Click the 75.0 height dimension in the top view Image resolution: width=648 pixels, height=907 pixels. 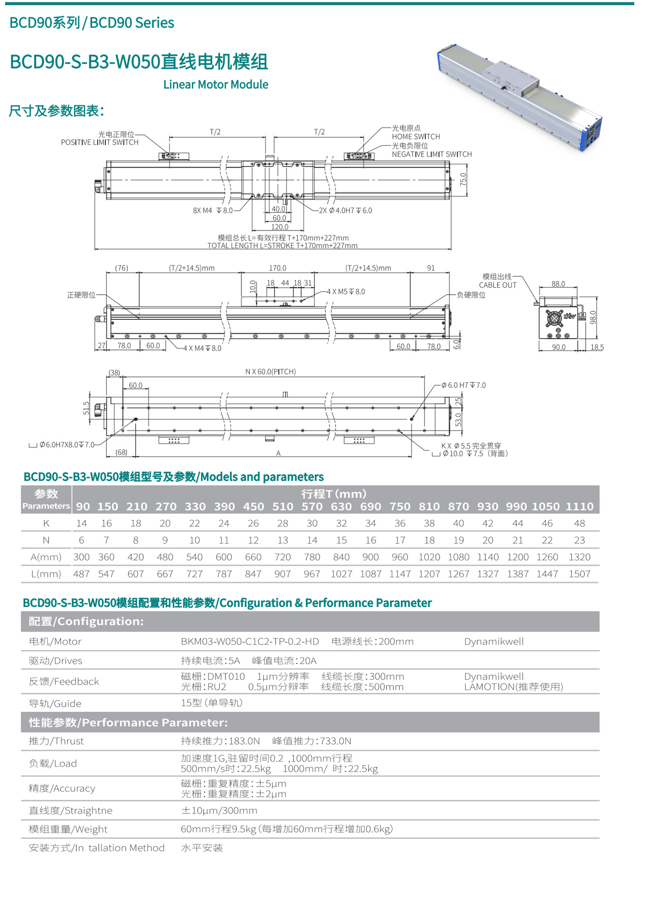coord(463,179)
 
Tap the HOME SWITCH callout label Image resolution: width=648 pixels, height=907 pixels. coord(415,137)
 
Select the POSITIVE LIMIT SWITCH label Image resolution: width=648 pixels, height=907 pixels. coord(100,142)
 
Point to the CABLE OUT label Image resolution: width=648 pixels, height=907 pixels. coord(498,285)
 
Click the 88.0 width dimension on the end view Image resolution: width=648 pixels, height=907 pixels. coord(558,284)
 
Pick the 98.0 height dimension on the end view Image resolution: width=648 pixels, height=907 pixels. coord(593,317)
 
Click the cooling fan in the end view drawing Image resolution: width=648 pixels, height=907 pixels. coord(554,318)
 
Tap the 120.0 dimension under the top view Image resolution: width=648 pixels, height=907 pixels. coord(279,227)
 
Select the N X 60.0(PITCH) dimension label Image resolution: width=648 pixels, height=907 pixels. coord(270,372)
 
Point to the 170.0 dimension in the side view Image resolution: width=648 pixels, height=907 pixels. coord(277,268)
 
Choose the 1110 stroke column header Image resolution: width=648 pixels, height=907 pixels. coord(579,506)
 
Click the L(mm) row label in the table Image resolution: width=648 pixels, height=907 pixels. coord(46,574)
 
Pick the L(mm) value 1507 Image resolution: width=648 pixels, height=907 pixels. coord(579,574)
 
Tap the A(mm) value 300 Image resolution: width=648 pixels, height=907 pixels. coord(81,557)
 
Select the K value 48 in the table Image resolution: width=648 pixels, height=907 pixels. coord(579,523)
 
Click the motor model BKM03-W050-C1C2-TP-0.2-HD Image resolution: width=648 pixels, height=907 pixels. coord(250,642)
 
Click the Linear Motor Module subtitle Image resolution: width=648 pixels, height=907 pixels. coord(216,85)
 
